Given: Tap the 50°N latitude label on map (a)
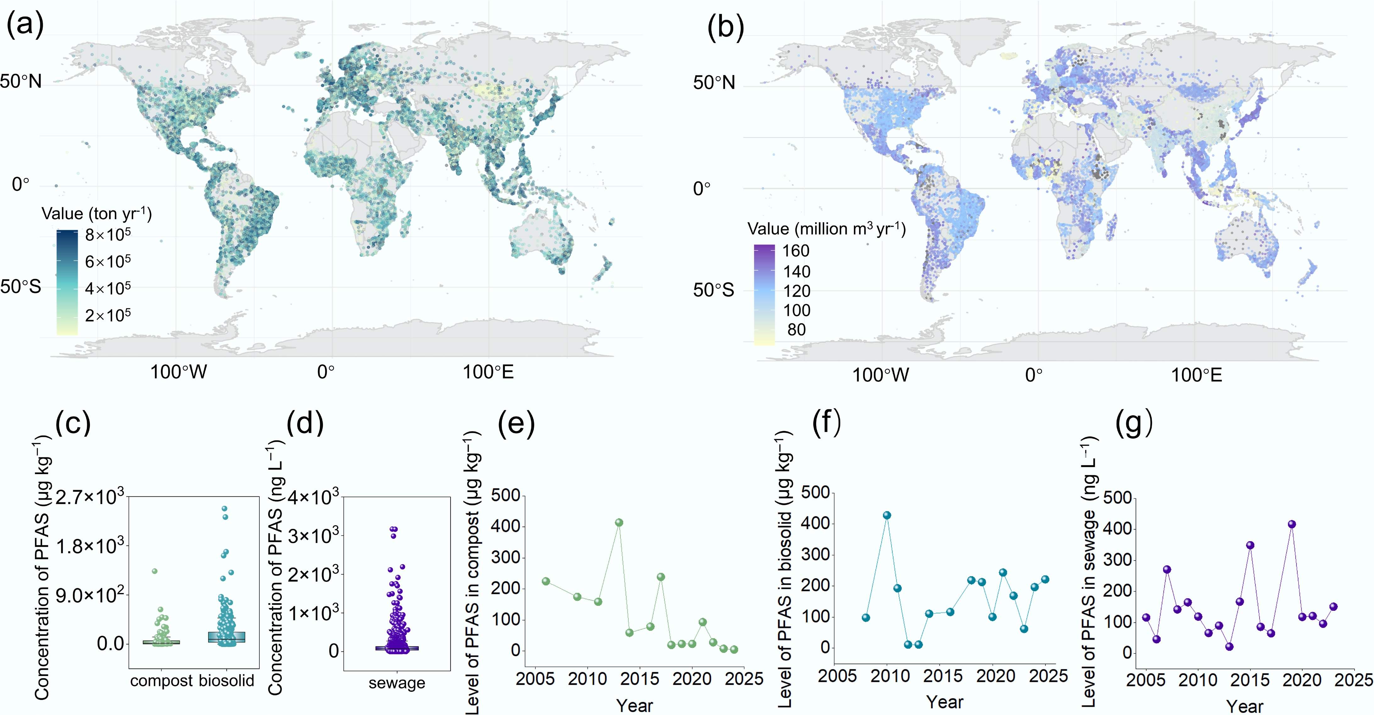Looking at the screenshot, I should coord(20,82).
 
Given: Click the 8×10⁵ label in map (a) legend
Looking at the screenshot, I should coord(108,235).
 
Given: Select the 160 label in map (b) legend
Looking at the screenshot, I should coord(795,251).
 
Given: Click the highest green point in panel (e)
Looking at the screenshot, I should coord(619,522).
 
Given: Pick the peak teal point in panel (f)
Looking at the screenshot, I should coord(887,516).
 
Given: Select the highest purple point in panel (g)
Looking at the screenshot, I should coord(1292,524).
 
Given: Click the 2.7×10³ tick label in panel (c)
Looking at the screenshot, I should coord(90,497).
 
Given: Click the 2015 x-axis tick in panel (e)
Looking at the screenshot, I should coord(640,679).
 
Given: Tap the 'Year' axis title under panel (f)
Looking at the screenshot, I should coord(945,702).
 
